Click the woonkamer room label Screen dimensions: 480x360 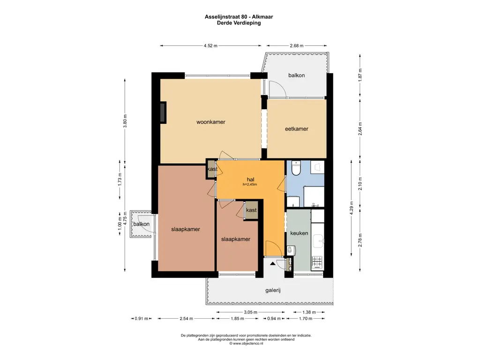210,122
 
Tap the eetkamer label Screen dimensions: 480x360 296,129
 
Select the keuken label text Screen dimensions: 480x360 299,233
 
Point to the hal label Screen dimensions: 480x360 250,180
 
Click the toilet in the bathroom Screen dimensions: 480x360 296,168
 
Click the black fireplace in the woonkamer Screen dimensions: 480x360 163,112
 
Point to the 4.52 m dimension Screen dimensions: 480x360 210,46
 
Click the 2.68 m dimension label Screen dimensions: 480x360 297,46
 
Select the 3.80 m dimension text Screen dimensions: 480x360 125,120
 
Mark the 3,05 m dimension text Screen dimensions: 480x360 250,312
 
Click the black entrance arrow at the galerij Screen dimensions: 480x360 272,263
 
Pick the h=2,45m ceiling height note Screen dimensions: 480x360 250,185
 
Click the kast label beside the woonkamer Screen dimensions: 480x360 212,169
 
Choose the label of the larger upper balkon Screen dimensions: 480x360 296,75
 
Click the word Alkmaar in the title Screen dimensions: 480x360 262,17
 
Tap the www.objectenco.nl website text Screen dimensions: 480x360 248,344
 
